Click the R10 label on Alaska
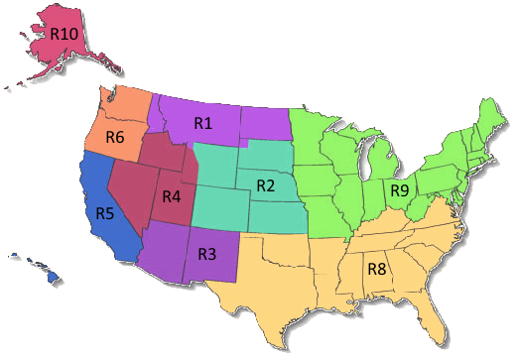(x=65, y=32)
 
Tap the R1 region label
(x=202, y=123)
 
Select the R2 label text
(x=265, y=185)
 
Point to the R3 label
(x=207, y=253)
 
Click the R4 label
(x=172, y=195)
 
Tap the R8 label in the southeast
(x=377, y=267)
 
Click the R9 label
(x=399, y=189)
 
